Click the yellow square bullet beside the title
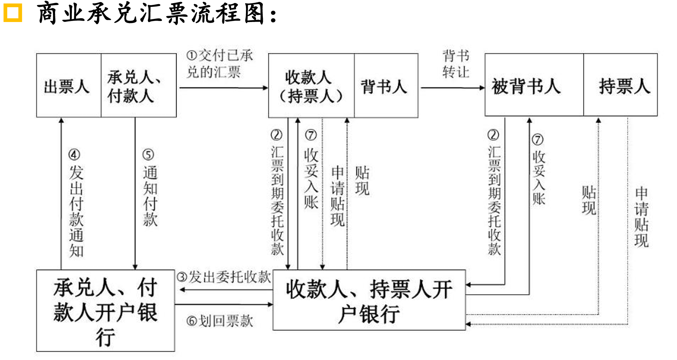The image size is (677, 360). pyautogui.click(x=13, y=13)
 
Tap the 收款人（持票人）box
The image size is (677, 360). pyautogui.click(x=311, y=86)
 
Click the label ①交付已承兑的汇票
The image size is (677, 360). pyautogui.click(x=219, y=64)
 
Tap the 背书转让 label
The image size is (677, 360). pyautogui.click(x=455, y=64)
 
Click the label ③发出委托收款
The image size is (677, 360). pyautogui.click(x=224, y=277)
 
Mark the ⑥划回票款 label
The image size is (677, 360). pyautogui.click(x=220, y=321)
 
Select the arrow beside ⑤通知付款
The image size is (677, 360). pyautogui.click(x=135, y=193)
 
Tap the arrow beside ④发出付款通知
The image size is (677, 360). pyautogui.click(x=61, y=193)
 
